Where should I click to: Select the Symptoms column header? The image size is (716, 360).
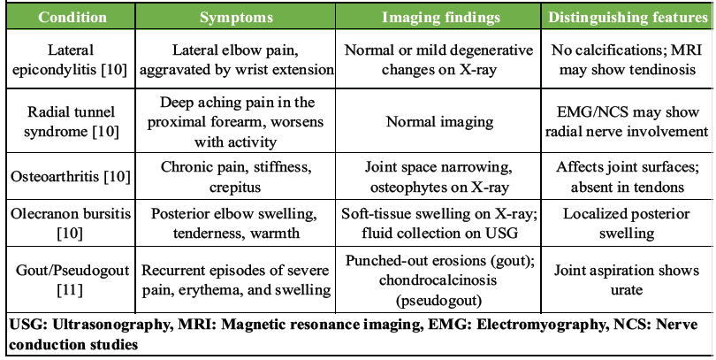click(235, 17)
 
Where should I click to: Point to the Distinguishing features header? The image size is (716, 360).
click(627, 17)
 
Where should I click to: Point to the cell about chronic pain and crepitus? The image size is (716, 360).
click(235, 175)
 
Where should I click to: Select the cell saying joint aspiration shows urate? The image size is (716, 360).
click(627, 280)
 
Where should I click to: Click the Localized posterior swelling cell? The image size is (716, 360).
click(627, 225)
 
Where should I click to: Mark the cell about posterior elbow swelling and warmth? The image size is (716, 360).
click(235, 225)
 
